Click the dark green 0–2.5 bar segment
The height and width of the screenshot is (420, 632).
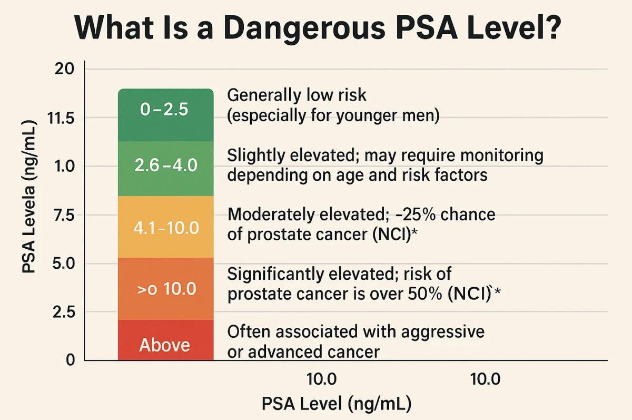click(x=165, y=115)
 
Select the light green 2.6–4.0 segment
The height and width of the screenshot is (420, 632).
click(x=165, y=168)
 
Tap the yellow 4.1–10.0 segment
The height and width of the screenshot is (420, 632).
click(x=165, y=227)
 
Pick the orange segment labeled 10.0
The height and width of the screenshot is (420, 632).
click(x=165, y=289)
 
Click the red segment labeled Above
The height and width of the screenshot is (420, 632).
click(x=165, y=340)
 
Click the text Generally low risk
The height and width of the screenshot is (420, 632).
click(x=296, y=96)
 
